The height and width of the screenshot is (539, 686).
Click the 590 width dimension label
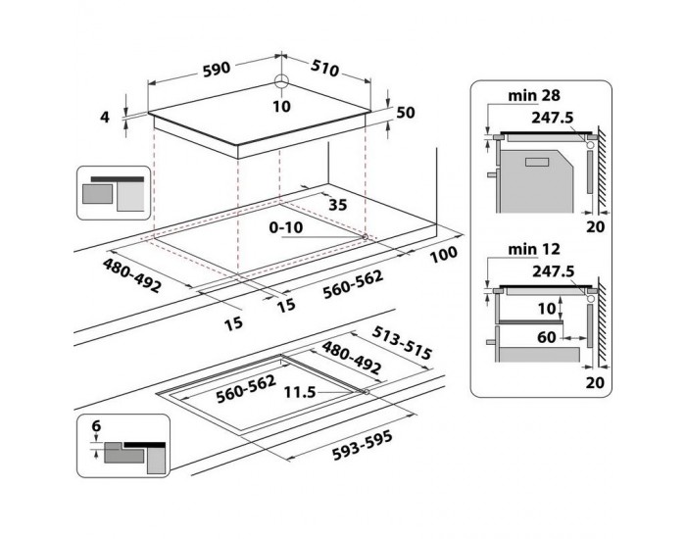pyautogui.click(x=217, y=69)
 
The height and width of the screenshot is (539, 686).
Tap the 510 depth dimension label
pyautogui.click(x=325, y=69)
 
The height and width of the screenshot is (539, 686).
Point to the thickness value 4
pyautogui.click(x=105, y=117)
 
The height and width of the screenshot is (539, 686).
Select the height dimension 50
pyautogui.click(x=405, y=113)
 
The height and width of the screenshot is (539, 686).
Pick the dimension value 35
pyautogui.click(x=337, y=205)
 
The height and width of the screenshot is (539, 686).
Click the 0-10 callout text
pyautogui.click(x=286, y=227)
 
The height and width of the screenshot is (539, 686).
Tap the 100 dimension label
pyautogui.click(x=444, y=254)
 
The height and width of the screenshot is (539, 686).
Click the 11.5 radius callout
pyautogui.click(x=300, y=392)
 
